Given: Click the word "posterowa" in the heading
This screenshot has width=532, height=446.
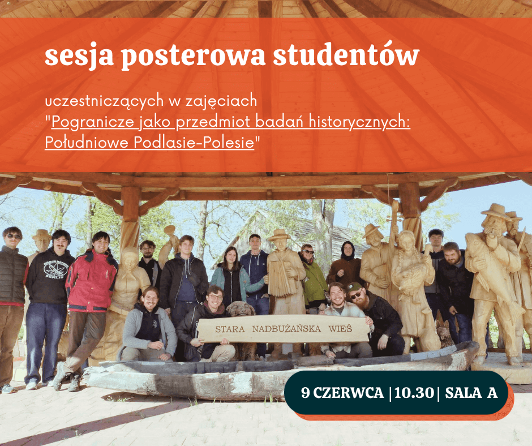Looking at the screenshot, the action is (193, 57).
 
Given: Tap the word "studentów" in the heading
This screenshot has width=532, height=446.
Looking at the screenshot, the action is (346, 54).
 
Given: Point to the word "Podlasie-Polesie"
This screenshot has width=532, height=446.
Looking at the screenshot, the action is (194, 142).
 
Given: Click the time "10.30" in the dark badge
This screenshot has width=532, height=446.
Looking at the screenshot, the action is (414, 393).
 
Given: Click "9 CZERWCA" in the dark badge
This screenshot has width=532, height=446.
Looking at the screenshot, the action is (342, 393).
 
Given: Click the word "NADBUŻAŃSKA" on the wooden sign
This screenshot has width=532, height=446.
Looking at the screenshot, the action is (286, 329).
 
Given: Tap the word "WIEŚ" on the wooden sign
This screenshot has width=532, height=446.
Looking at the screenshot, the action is (340, 328).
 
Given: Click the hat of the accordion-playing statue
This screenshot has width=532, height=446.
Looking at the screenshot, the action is (279, 235).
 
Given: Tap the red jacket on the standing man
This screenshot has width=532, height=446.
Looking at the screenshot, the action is (91, 281).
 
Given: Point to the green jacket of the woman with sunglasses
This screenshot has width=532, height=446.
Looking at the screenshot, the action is (314, 282).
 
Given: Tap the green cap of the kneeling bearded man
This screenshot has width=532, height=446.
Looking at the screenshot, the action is (354, 287).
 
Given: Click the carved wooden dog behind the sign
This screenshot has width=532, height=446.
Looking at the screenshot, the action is (241, 309).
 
